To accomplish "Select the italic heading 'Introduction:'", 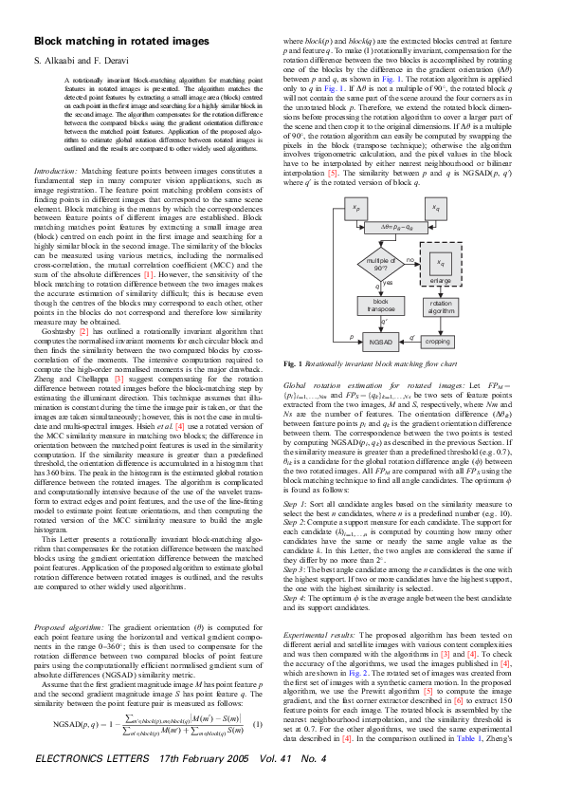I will pos(56,167).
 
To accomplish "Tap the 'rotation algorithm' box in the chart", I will pos(437,305).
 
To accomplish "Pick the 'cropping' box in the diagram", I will pos(437,340).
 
